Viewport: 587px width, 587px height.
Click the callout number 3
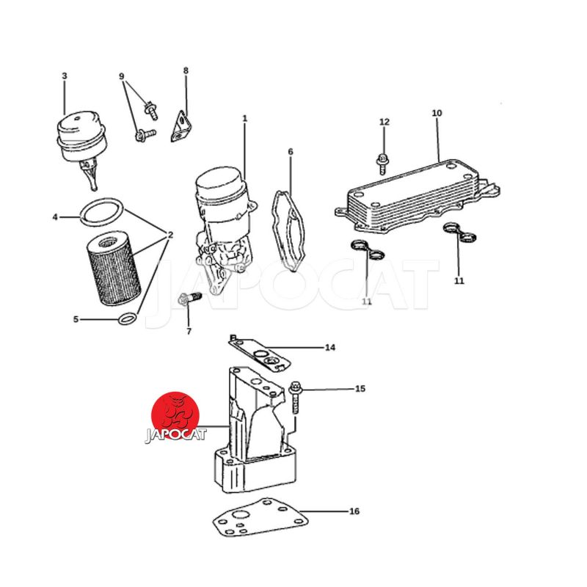point(65,76)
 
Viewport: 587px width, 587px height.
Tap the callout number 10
point(437,113)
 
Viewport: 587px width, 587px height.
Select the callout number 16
point(354,511)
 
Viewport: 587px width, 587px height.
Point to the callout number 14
point(329,348)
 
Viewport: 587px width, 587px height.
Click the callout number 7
point(189,332)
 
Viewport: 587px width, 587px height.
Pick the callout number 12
point(384,122)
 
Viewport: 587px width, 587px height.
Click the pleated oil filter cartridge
point(114,268)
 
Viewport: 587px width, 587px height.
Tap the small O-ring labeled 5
point(127,319)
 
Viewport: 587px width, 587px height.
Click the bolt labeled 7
point(189,299)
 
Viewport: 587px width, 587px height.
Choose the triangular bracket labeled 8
point(182,126)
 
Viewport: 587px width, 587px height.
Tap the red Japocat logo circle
point(175,415)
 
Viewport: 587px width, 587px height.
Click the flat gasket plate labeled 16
point(260,519)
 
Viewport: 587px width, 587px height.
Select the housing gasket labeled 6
point(288,230)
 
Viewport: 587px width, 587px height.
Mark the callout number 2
point(170,235)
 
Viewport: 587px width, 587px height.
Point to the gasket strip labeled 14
point(260,354)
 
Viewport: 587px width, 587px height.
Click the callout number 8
point(186,70)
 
